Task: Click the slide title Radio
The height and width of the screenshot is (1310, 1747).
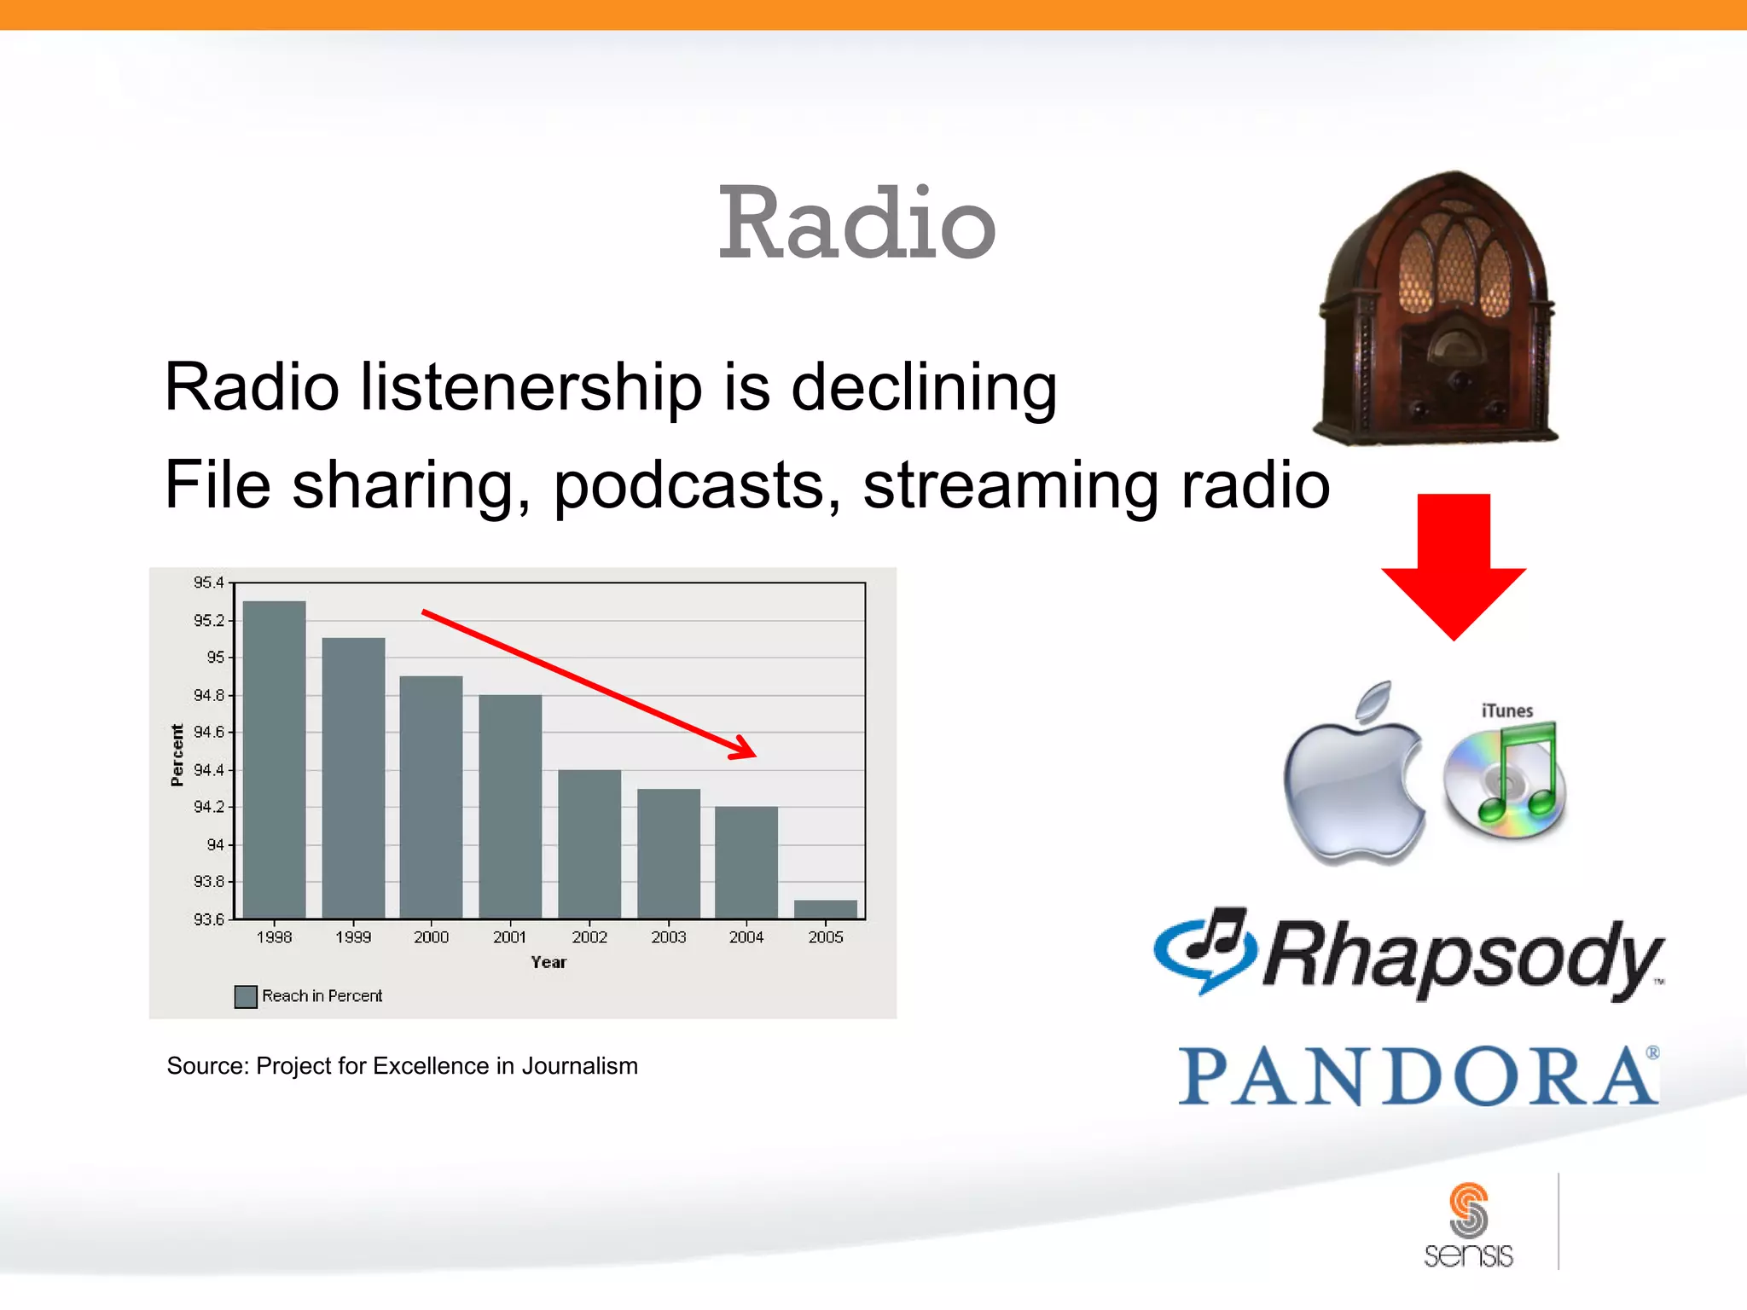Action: [x=856, y=223]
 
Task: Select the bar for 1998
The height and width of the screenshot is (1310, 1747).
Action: [x=274, y=759]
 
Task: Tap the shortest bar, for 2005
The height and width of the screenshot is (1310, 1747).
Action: [x=825, y=909]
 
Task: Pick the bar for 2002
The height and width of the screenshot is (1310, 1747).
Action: [x=589, y=843]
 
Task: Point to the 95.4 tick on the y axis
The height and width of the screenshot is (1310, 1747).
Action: [x=208, y=583]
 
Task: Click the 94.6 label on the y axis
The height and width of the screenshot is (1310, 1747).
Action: [x=208, y=732]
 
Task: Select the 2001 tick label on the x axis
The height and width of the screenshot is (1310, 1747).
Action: [x=509, y=937]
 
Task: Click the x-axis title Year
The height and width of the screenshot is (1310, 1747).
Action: [x=548, y=962]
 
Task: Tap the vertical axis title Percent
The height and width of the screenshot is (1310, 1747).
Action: [x=177, y=755]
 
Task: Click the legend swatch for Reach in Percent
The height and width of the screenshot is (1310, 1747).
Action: [x=246, y=996]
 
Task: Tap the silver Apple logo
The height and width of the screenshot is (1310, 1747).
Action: [x=1354, y=776]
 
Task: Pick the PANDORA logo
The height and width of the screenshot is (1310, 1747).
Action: [x=1418, y=1076]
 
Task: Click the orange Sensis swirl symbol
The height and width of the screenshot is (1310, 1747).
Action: [x=1468, y=1209]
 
